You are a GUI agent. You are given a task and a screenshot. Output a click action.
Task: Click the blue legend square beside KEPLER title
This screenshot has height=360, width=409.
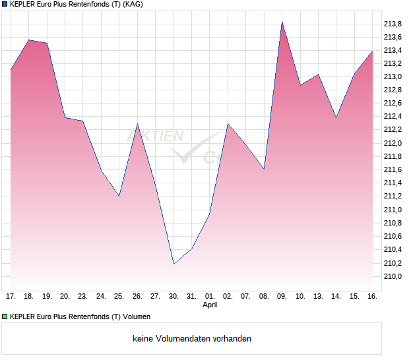coord(5,4)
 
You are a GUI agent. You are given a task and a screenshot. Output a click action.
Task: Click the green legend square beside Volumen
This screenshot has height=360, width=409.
coord(5,316)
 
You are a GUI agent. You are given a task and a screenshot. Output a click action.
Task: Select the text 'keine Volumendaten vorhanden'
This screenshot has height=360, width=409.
coord(192,339)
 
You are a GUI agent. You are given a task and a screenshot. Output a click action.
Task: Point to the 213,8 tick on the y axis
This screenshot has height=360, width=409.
coord(393,24)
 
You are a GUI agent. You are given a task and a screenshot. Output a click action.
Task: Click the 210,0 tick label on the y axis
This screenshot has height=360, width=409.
coord(393,276)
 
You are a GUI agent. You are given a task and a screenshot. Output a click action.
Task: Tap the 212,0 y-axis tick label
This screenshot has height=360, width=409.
coord(393,143)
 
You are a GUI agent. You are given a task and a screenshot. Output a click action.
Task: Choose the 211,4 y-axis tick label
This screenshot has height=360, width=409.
coord(393,183)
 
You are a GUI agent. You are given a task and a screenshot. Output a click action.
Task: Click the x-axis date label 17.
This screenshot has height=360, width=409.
coord(11,297)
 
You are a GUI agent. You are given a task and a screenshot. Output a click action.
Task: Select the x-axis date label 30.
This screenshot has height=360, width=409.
coord(173,297)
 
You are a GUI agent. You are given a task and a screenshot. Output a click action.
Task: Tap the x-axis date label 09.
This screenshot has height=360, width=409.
coord(282,297)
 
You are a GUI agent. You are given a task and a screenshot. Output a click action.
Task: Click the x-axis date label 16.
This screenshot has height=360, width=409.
coord(372,297)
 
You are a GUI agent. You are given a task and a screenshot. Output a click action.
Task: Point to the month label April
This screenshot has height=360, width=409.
coord(210,305)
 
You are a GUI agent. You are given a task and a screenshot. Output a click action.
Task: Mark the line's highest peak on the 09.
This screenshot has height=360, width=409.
coord(282,22)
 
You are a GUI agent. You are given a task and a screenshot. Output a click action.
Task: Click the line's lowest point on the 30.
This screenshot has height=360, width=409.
coord(173,264)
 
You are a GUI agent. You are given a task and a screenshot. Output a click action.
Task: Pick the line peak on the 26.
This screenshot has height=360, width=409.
coord(137,124)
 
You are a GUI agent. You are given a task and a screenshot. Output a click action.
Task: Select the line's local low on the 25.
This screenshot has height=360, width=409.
coord(119,196)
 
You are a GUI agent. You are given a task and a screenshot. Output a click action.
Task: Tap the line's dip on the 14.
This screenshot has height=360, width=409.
coord(336,117)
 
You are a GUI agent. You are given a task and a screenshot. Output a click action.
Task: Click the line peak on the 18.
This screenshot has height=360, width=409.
coord(29,40)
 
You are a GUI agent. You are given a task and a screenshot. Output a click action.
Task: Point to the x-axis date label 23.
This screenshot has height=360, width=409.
coord(82,297)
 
